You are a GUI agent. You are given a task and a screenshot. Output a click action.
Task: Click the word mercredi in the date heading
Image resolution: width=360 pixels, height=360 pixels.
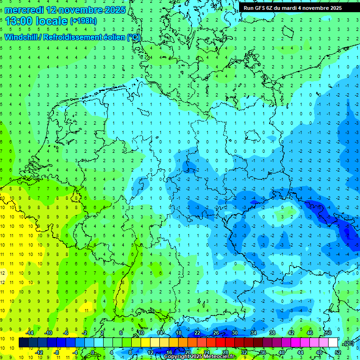[x=24, y=10]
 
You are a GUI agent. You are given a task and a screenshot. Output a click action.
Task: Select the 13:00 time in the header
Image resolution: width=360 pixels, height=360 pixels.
[x=20, y=21]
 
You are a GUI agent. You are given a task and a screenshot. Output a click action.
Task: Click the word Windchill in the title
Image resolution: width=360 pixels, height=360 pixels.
[x=22, y=37]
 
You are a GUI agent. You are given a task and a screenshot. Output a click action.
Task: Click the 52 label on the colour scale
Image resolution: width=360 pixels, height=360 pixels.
[x=338, y=352]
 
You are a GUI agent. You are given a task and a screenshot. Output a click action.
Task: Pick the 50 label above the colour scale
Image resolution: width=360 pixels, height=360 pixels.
[x=328, y=333]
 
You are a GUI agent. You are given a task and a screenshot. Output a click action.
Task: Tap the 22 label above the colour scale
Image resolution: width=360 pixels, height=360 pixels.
[x=197, y=333]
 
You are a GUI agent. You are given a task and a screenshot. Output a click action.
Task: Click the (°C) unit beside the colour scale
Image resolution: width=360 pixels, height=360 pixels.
[x=348, y=343]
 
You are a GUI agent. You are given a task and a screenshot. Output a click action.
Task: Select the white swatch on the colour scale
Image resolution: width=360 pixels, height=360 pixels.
[x=333, y=343]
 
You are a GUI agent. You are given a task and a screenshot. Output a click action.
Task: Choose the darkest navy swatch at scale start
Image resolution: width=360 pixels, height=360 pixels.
[x=23, y=343]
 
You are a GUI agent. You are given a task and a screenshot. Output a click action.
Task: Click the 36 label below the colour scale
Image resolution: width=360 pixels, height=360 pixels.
[x=263, y=352]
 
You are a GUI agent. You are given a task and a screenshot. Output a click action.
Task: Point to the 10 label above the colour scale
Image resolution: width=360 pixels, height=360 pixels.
[x=141, y=333]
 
